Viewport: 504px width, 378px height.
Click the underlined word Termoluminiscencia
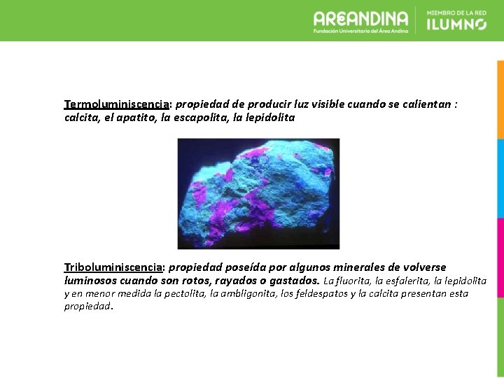[x=116, y=104]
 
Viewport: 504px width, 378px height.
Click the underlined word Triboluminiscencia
[x=113, y=267]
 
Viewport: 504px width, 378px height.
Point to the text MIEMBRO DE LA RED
[x=456, y=13]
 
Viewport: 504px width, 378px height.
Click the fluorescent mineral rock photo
[x=258, y=193]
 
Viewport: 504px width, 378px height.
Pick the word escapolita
[x=201, y=118]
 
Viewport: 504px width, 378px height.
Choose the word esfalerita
[x=407, y=281]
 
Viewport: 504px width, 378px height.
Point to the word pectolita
[x=183, y=293]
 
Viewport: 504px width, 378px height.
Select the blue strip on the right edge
[x=500, y=178]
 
